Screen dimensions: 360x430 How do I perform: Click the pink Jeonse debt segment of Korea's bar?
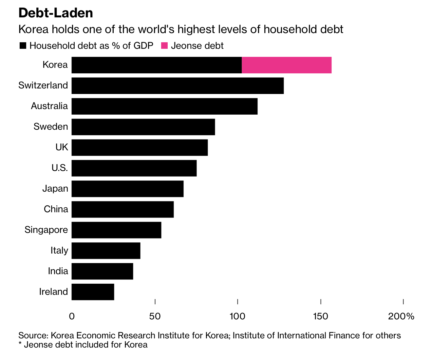pyautogui.click(x=287, y=65)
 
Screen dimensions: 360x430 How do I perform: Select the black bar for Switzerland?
pyautogui.click(x=178, y=85)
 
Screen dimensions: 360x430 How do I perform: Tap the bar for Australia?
pyautogui.click(x=164, y=106)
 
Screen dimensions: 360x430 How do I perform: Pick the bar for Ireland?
pyautogui.click(x=93, y=292)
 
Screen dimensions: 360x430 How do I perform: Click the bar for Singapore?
pyautogui.click(x=116, y=230)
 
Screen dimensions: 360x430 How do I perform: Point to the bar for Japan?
pyautogui.click(x=127, y=189)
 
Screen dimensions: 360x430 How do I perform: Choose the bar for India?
pyautogui.click(x=102, y=271)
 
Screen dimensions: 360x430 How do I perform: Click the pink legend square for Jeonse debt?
pyautogui.click(x=164, y=46)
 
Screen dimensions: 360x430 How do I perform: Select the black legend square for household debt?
pyautogui.click(x=23, y=46)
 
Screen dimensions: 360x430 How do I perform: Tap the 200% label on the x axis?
pyautogui.click(x=401, y=316)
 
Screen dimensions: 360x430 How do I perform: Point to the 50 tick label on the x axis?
pyautogui.click(x=155, y=316)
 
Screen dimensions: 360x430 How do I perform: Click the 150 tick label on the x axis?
pyautogui.click(x=320, y=316)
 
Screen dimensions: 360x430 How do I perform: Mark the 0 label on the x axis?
pyautogui.click(x=72, y=316)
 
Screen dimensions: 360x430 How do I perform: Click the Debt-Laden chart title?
pyautogui.click(x=56, y=13)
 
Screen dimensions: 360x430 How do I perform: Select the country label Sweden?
pyautogui.click(x=51, y=127)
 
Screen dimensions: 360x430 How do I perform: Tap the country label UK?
pyautogui.click(x=62, y=147)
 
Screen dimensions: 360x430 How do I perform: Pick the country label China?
pyautogui.click(x=56, y=209)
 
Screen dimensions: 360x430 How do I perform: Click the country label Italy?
pyautogui.click(x=59, y=251)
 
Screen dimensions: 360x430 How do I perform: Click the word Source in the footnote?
pyautogui.click(x=33, y=335)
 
